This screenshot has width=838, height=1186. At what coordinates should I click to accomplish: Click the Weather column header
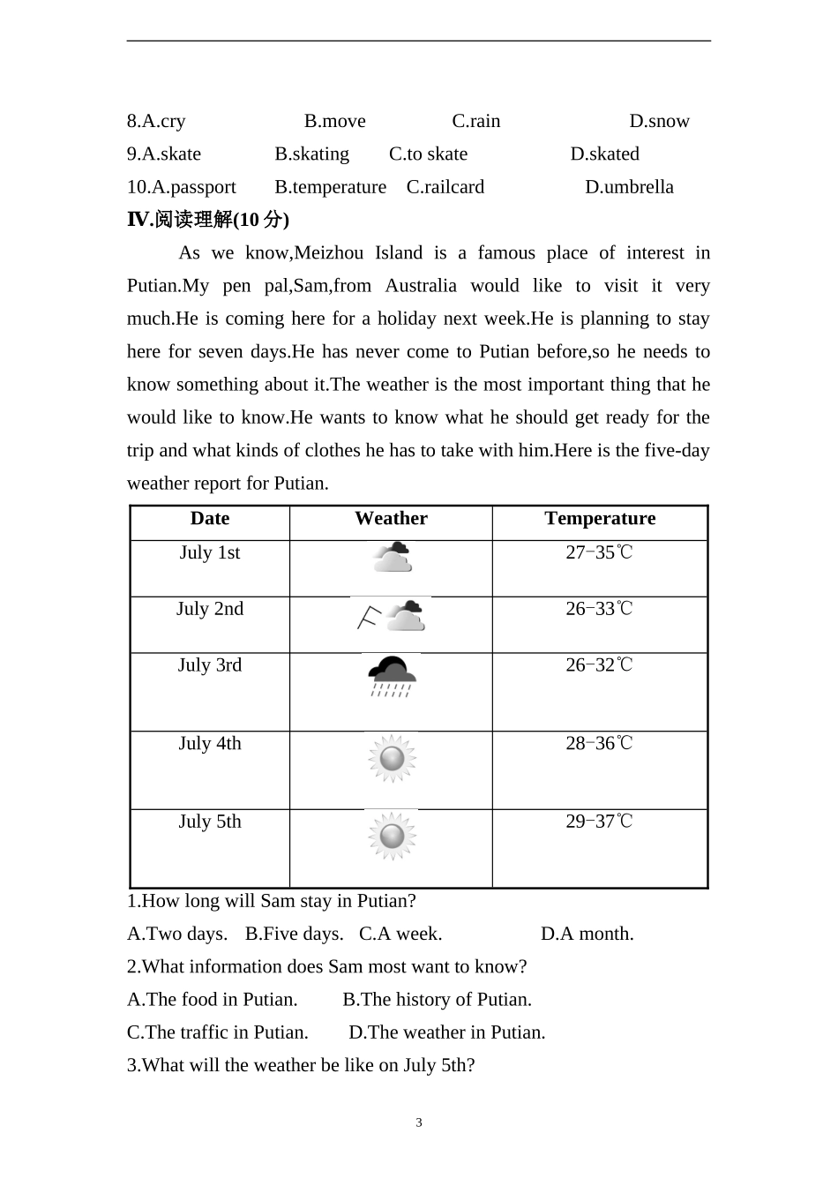pos(391,519)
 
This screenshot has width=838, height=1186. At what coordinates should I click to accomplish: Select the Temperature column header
pos(600,519)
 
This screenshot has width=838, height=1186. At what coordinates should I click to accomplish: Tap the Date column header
pos(210,519)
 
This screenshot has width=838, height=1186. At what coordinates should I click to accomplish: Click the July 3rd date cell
pos(210,665)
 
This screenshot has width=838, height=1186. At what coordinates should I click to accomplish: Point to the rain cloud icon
pos(392,677)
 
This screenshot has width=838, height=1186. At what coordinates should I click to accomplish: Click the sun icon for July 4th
pos(392,758)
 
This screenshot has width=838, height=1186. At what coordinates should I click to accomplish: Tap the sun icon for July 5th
pos(392,836)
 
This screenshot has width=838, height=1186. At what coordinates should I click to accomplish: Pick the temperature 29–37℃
pos(599,822)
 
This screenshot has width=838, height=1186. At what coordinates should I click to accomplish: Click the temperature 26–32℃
pos(599,665)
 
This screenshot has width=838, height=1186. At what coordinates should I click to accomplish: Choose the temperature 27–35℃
pos(599,553)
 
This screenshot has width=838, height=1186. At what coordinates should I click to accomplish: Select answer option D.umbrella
pos(629,187)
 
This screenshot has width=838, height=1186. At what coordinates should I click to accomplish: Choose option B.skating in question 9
pos(311,154)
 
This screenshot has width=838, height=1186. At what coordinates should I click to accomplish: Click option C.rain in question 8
pos(475,122)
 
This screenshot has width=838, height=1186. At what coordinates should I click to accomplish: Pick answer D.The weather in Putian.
pos(446,1032)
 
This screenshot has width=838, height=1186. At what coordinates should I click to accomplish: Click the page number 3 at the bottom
pos(419,1123)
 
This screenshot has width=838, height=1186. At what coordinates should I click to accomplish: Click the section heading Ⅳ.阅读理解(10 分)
pos(208,220)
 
